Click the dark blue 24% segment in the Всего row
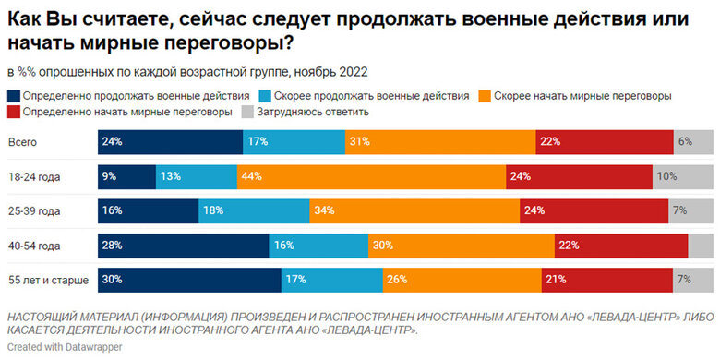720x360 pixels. (170, 142)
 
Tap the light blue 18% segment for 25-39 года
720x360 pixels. (254, 211)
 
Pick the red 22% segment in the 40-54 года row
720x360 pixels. (621, 246)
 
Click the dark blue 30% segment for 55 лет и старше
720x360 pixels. (189, 280)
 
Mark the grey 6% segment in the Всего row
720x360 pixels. (694, 142)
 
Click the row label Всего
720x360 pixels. (22, 142)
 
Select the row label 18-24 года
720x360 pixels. (33, 176)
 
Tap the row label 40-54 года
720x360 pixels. (33, 246)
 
